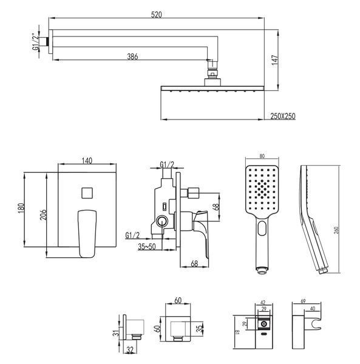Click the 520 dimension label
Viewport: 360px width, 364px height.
pos(156,15)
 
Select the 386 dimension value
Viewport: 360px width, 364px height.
pos(132,56)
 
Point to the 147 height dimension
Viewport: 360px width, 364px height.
pos(275,60)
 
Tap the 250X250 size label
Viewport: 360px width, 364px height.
pos(283,116)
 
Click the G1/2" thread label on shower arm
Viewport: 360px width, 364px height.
pos(36,42)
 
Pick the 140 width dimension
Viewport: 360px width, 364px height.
pos(87,161)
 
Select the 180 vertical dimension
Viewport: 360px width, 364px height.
pos(21,209)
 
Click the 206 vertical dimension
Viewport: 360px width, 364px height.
pos(43,215)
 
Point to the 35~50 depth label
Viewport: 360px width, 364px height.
pos(146,246)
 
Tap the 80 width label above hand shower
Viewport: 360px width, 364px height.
pos(262,157)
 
